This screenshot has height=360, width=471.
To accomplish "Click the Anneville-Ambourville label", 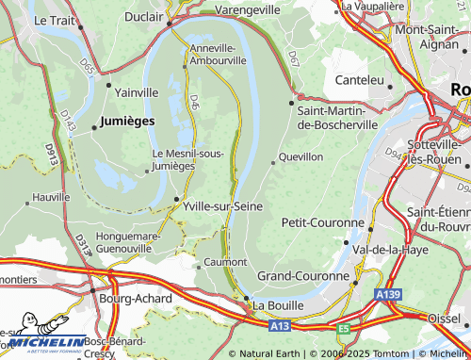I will tap(218, 53).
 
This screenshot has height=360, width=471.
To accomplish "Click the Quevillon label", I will tap(302, 156).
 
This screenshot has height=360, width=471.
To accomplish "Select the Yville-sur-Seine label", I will tap(222, 205).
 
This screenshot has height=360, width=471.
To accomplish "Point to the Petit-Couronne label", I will tap(323, 222).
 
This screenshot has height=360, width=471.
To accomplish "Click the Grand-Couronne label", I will tap(303, 276).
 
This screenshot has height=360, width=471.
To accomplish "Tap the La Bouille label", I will tap(279, 305).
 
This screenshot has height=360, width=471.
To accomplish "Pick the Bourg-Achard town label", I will tap(136, 299).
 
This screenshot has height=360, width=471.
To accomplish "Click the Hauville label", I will tap(51, 198).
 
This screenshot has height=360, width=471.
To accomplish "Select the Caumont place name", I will tap(226, 262).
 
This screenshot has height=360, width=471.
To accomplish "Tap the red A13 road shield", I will tap(278, 326).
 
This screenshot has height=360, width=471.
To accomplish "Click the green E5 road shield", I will tap(344, 329).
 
